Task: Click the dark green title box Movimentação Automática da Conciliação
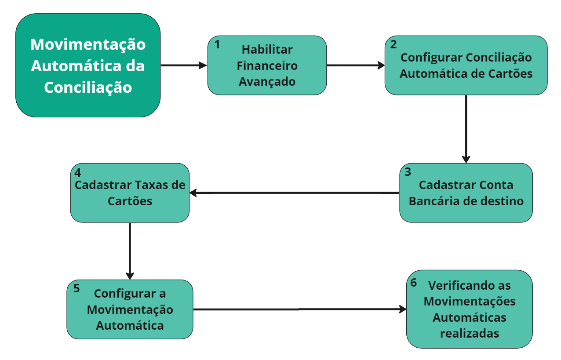tap(88, 65)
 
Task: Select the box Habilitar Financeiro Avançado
tap(267, 65)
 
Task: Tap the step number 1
tap(217, 44)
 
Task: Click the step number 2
tap(393, 44)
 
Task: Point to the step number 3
tap(408, 171)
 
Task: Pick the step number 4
tap(78, 171)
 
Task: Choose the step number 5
tap(76, 288)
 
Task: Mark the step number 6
tap(413, 282)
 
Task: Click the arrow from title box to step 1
tap(184, 65)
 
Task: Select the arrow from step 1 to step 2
tap(355, 65)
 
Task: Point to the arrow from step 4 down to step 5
tap(130, 251)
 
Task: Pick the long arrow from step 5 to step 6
tap(299, 309)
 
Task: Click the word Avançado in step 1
tap(267, 82)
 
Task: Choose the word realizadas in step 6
tap(469, 333)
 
